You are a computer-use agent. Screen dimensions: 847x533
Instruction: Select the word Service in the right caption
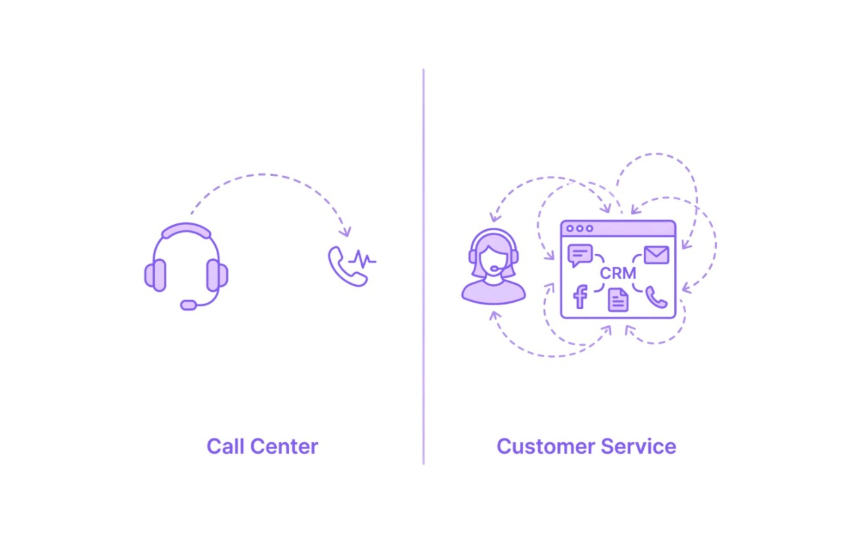(638, 447)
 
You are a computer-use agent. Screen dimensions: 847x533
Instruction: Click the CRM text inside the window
(618, 273)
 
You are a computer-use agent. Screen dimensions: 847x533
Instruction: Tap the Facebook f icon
(580, 297)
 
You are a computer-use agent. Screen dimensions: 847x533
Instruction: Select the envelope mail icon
(657, 255)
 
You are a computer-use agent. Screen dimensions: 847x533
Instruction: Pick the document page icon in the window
(618, 300)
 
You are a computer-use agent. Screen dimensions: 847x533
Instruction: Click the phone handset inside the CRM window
(656, 298)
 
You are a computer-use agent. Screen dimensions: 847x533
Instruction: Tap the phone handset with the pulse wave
(347, 267)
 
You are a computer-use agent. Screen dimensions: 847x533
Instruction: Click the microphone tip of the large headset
(189, 305)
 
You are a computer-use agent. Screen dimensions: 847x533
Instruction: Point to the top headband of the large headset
(186, 231)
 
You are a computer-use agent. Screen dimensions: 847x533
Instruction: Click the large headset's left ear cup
(155, 275)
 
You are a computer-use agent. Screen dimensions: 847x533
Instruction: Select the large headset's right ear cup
(217, 275)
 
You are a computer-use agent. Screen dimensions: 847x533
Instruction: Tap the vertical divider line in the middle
(423, 266)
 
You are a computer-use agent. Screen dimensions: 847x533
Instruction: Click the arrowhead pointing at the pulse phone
(345, 232)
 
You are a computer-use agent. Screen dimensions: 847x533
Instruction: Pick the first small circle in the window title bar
(570, 228)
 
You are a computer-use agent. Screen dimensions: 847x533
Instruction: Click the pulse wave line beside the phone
(363, 260)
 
